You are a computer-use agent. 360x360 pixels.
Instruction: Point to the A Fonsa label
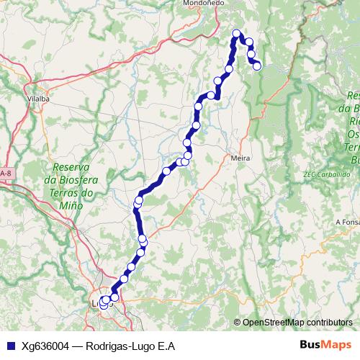pos(348,222)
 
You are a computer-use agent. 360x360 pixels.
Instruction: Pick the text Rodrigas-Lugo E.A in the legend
pos(130,346)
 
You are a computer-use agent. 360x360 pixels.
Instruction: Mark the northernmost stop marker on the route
pos(236,33)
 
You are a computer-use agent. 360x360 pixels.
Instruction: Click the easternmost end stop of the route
pos(256,66)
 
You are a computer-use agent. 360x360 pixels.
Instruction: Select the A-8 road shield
pos(6,174)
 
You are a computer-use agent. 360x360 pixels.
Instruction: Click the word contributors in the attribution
pos(329,323)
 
